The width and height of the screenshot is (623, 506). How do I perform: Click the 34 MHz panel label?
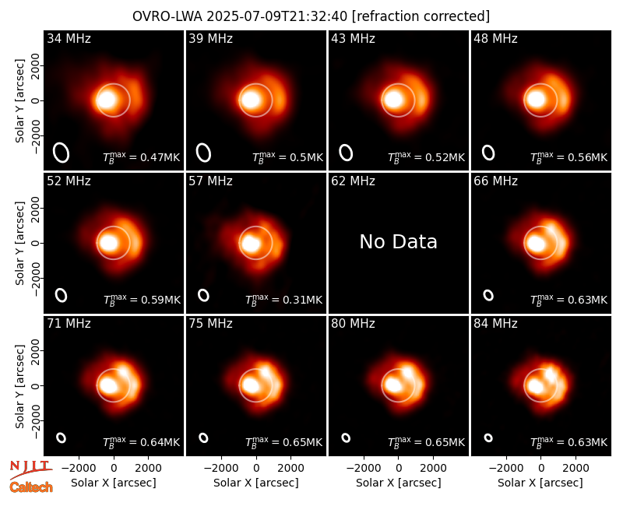pos(69,38)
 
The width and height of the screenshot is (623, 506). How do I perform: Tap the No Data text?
pos(398,241)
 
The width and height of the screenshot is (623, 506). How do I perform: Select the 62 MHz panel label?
pos(353,181)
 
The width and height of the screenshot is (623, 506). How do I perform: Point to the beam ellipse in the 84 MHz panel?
pos(488,437)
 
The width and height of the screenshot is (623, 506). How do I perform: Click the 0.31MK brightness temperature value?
pos(303,300)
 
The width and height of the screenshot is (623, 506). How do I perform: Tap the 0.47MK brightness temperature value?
pos(160,157)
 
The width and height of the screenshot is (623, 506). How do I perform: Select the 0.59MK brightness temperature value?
pos(161,300)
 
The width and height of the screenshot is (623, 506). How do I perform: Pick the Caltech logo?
pos(31,487)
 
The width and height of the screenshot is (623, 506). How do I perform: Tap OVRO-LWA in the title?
pos(167,16)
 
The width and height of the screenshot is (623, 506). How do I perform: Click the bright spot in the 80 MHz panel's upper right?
pos(407,373)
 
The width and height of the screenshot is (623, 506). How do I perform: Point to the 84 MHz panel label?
pos(495,324)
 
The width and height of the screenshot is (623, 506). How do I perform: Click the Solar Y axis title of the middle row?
pos(20,243)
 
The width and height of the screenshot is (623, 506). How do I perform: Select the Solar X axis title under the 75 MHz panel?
pos(256,483)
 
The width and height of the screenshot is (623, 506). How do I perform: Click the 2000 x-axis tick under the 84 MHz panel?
pos(575,469)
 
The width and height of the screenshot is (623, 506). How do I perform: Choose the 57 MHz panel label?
pos(210,181)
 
